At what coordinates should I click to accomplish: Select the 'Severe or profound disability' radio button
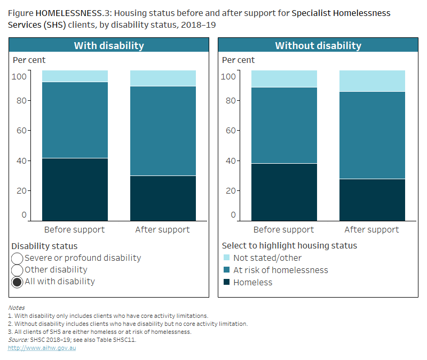click(17, 258)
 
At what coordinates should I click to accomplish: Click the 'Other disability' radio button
click(17, 270)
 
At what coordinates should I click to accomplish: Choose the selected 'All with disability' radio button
click(17, 282)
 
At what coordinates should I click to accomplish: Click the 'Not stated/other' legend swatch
click(226, 258)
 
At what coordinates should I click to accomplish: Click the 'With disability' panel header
click(108, 45)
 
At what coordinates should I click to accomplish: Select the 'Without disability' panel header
click(318, 45)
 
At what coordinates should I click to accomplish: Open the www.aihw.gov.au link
click(42, 348)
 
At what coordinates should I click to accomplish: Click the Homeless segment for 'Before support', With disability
click(75, 189)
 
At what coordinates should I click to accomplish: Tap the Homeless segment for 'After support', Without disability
click(372, 199)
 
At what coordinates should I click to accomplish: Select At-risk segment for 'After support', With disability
click(163, 131)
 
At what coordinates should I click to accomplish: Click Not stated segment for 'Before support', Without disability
click(284, 78)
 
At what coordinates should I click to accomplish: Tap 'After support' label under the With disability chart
click(162, 230)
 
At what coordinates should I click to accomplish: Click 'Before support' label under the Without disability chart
click(283, 230)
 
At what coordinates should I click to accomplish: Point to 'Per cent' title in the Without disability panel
click(238, 60)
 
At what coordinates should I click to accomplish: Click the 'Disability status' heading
click(44, 246)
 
